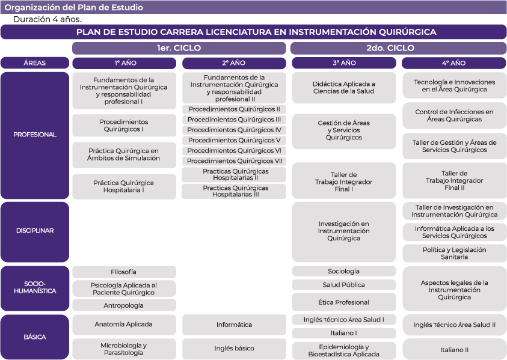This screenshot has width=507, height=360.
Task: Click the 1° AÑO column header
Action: click(124, 63)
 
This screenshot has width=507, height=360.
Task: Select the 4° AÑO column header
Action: click(454, 63)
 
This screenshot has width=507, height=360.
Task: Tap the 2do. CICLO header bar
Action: click(398, 48)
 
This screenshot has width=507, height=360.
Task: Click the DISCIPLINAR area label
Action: click(35, 231)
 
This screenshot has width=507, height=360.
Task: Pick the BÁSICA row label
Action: click(35, 337)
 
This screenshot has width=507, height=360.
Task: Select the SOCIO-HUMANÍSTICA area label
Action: click(35, 287)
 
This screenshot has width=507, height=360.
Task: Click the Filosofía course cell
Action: click(124, 272)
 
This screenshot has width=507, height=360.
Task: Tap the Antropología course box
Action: click(124, 305)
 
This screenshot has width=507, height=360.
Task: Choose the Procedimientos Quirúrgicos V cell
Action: click(234, 140)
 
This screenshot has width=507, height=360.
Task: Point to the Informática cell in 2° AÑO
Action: click(234, 325)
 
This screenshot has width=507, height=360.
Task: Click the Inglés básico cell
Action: click(234, 349)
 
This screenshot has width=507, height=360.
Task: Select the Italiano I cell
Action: click(343, 333)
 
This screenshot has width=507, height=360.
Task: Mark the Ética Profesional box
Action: click(343, 302)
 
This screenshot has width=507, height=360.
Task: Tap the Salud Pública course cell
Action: click(343, 285)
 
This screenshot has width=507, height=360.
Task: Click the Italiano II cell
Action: click(454, 349)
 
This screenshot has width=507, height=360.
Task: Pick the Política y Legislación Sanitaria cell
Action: click(454, 253)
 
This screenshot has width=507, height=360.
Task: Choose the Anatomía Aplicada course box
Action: click(124, 325)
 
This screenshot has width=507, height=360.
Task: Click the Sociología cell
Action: click(343, 272)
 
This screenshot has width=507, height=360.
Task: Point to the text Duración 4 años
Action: click(48, 19)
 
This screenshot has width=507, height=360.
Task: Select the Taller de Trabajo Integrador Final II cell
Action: click(454, 180)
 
